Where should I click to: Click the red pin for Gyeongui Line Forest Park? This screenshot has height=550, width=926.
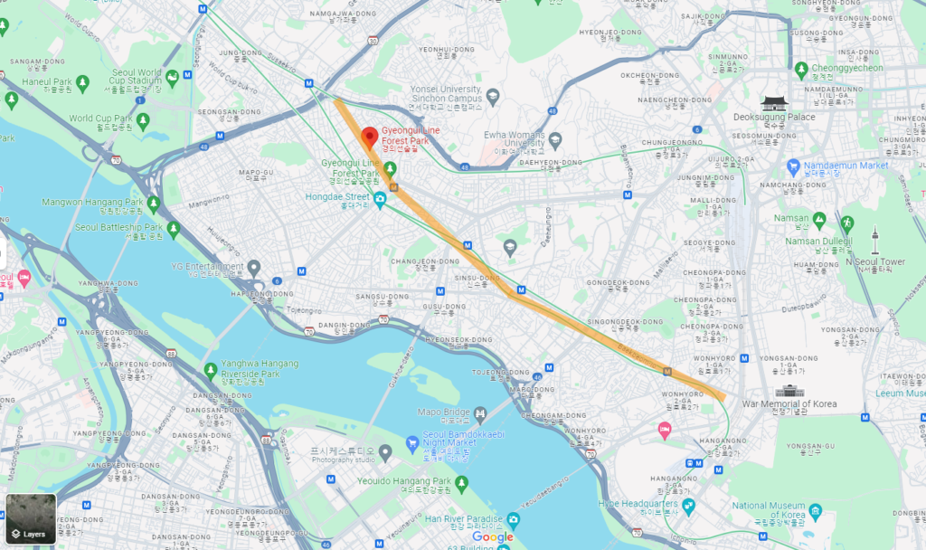point(369,137)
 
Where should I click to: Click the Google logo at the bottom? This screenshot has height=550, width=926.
point(492,537)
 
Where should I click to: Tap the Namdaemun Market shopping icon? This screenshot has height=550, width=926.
point(793,166)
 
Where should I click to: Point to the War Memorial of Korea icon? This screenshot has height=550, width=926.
point(789,391)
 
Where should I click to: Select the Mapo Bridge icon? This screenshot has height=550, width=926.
point(480,413)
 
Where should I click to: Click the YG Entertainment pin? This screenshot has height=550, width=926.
point(254,268)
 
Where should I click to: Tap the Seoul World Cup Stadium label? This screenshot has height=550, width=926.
point(137,77)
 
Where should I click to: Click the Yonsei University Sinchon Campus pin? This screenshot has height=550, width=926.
point(493,96)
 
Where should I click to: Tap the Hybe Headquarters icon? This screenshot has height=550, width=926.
point(688,504)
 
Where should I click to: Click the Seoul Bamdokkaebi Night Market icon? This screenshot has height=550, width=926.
point(411,444)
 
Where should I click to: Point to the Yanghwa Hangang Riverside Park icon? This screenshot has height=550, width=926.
point(211,369)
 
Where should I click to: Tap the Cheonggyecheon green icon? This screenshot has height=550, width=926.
point(800,69)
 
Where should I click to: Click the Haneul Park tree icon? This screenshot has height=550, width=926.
point(82,82)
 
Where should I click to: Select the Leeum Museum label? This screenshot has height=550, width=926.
point(900,394)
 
